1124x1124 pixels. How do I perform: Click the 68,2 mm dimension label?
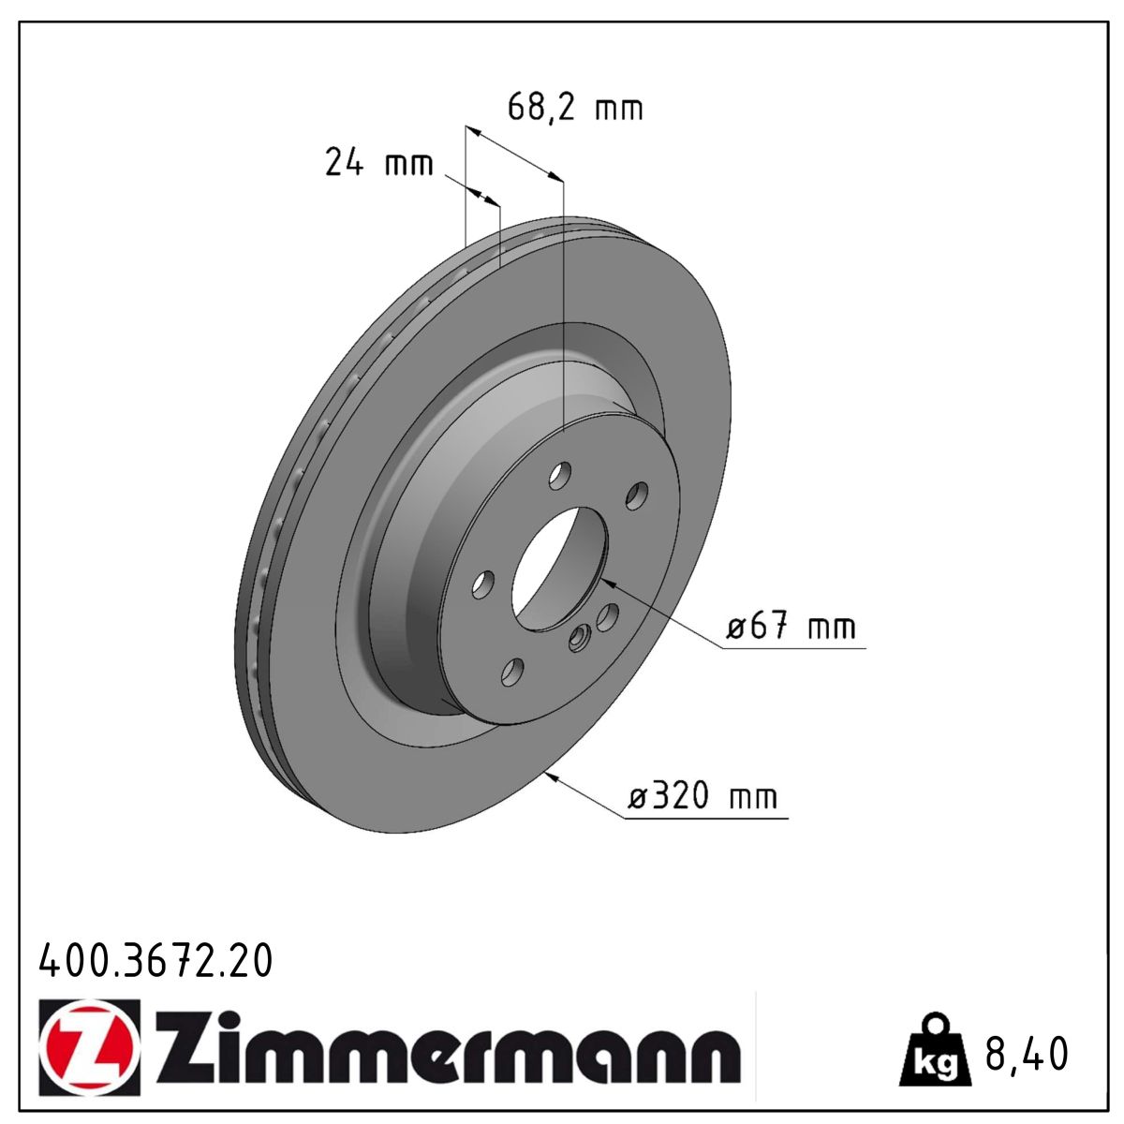coord(575,109)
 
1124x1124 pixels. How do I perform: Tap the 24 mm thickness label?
coord(379,162)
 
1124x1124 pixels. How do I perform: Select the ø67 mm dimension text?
coord(791,627)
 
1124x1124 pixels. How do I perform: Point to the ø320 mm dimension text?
coord(702,795)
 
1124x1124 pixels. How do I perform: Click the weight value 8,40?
coord(1027,1054)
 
